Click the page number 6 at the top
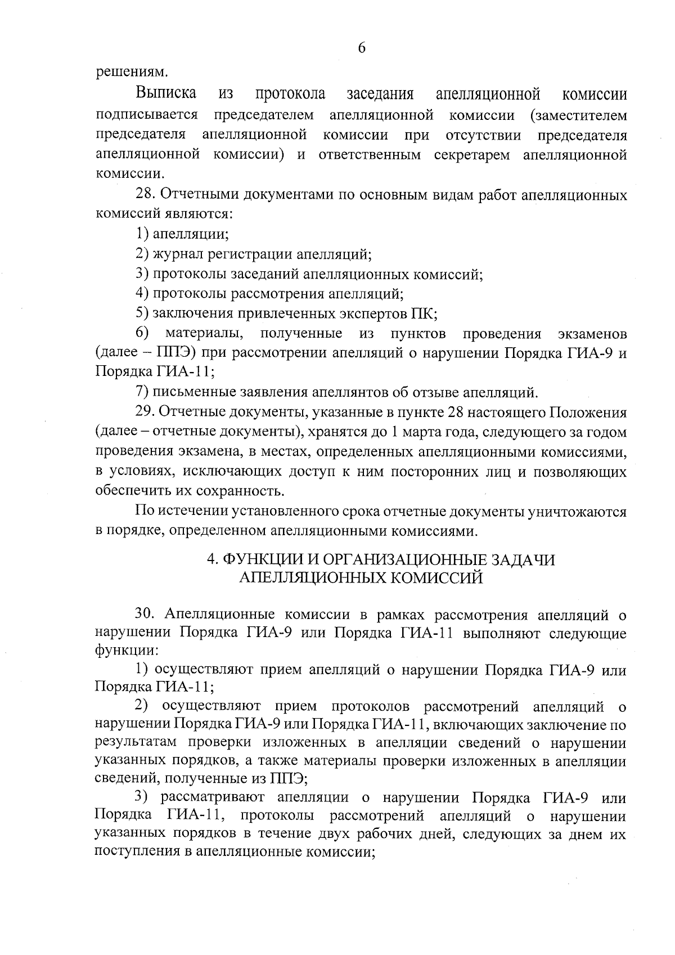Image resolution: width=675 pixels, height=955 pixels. coord(362,48)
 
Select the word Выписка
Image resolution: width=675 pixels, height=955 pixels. coord(166,93)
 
